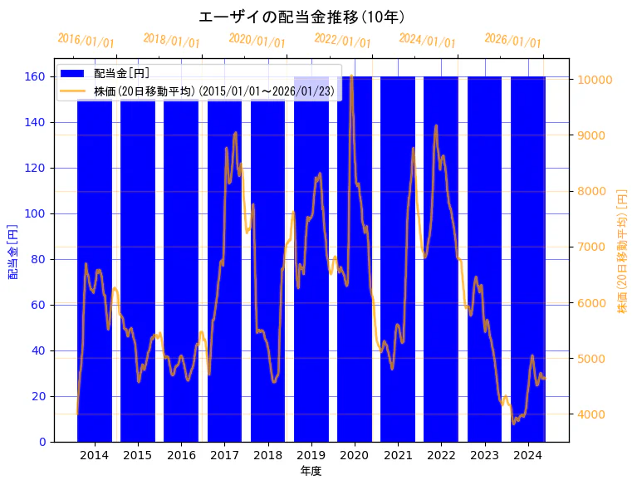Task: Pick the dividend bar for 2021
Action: click(x=398, y=266)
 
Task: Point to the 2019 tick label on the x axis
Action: click(x=311, y=454)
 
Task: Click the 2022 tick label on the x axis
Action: click(x=441, y=454)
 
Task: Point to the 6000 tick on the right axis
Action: click(x=592, y=303)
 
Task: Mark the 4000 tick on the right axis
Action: click(x=592, y=414)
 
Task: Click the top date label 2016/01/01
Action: click(x=86, y=41)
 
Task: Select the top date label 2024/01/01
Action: click(x=427, y=41)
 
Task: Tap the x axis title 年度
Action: click(x=311, y=471)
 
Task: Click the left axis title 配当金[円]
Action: click(x=12, y=252)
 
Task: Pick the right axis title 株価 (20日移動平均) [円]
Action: click(x=622, y=251)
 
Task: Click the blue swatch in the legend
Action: click(x=73, y=73)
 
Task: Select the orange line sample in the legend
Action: click(x=73, y=91)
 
